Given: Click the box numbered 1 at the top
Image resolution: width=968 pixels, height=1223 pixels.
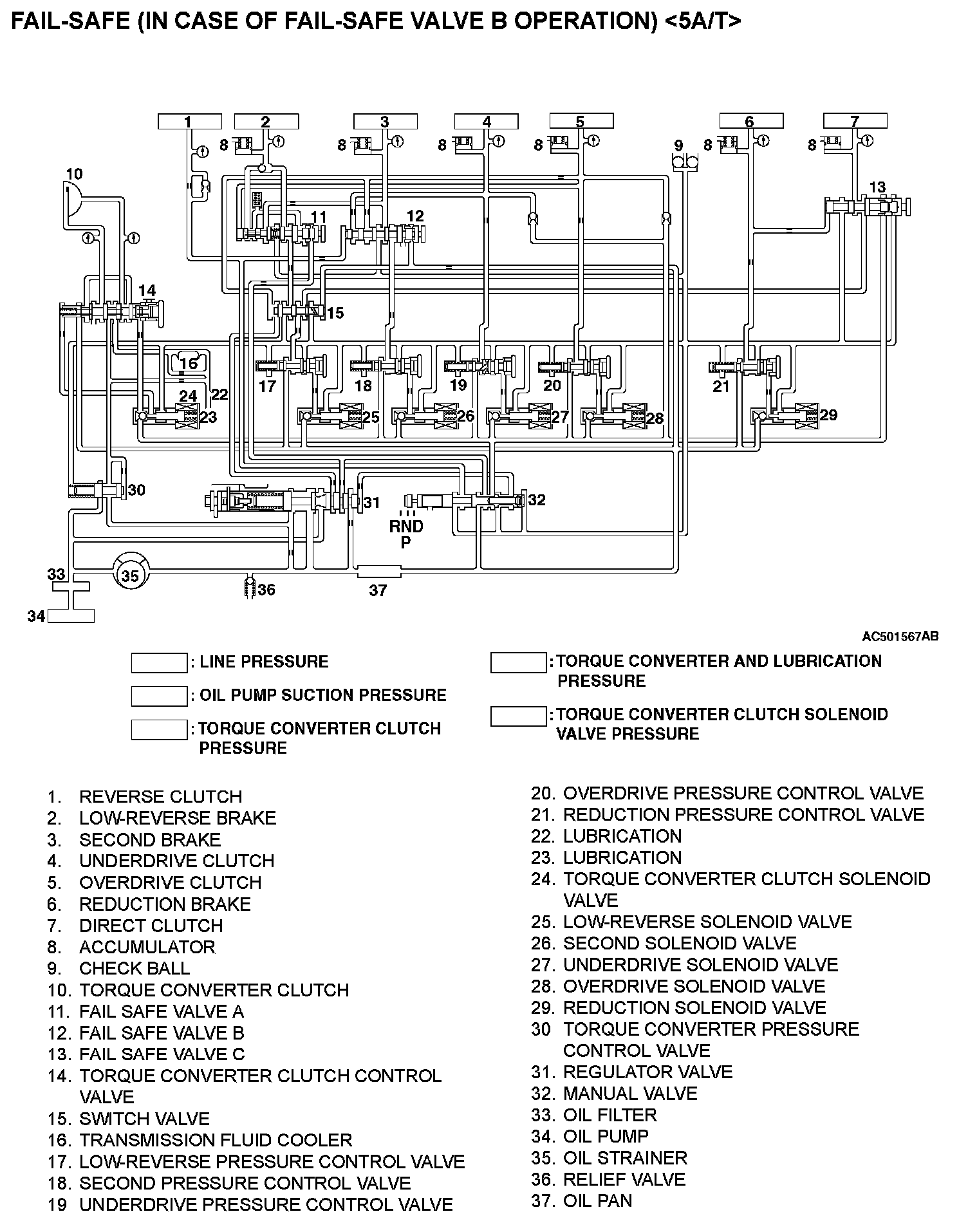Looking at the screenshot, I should click(189, 122).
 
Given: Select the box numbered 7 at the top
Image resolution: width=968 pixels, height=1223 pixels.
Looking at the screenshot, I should click(855, 121).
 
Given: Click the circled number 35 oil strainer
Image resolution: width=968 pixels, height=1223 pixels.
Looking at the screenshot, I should click(130, 575).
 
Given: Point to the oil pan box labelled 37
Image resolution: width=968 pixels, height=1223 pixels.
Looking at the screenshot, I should click(378, 571).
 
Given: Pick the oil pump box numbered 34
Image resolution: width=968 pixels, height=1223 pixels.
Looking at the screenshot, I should click(71, 615).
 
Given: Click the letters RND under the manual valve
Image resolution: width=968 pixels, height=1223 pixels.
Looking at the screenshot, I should click(406, 527).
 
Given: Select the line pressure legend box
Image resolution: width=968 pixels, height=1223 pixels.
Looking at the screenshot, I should click(159, 663).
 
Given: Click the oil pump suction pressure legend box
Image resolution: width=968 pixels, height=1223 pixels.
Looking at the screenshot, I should click(159, 696).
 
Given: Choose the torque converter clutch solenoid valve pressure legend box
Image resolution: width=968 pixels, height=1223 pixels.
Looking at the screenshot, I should click(518, 716).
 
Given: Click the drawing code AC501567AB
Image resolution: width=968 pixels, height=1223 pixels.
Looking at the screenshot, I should click(900, 637).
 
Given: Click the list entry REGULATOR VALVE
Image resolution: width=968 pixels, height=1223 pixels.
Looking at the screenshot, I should click(647, 1072).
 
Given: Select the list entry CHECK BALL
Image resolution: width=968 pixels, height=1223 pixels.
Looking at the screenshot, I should click(134, 968).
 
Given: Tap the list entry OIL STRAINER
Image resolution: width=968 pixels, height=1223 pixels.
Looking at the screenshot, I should click(624, 1157).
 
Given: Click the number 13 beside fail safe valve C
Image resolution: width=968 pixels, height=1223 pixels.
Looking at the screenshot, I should click(877, 187).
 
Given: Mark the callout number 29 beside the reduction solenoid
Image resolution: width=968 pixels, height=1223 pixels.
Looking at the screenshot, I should click(828, 415).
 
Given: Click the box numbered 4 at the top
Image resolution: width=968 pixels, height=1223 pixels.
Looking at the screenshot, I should click(487, 122).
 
